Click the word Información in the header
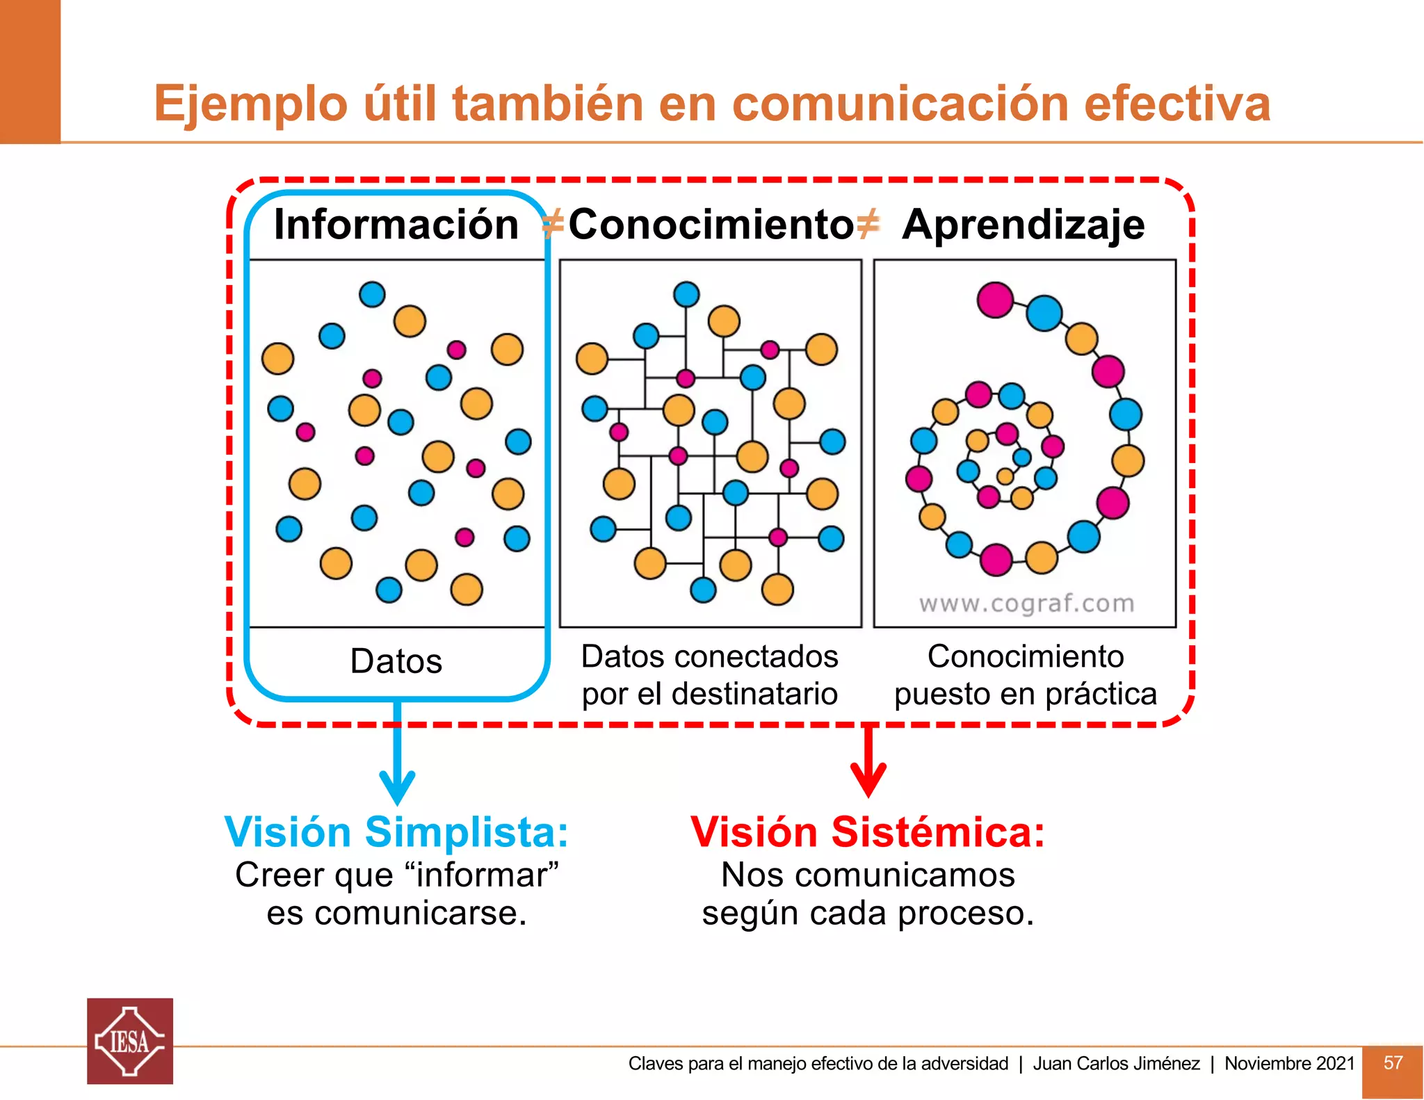(x=396, y=225)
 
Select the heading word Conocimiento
(x=711, y=225)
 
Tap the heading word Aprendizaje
(x=1023, y=225)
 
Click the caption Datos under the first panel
(x=396, y=661)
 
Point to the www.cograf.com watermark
(x=1026, y=603)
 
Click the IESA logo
(x=130, y=1041)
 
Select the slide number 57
(x=1393, y=1062)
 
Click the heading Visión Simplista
(x=396, y=832)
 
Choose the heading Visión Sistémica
(x=868, y=832)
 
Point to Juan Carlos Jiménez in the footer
(x=1116, y=1063)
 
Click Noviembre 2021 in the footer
(x=1289, y=1063)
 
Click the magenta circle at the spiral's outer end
(x=995, y=300)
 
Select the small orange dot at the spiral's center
(x=1005, y=476)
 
